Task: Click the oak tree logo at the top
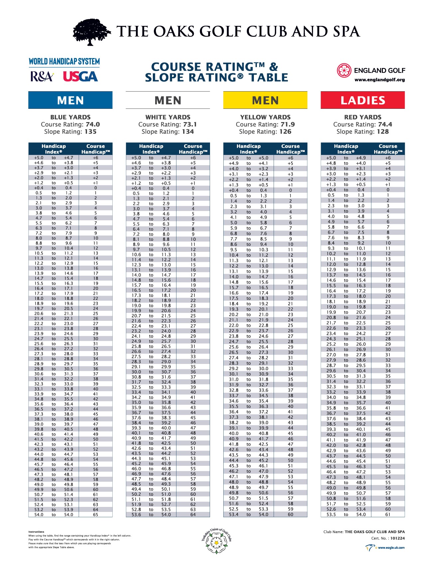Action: click(x=92, y=32)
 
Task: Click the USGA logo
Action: click(x=80, y=77)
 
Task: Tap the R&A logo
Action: click(x=42, y=77)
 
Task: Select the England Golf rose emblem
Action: click(x=344, y=71)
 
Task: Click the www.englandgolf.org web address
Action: click(x=379, y=80)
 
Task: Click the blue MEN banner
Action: click(x=70, y=100)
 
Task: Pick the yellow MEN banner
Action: click(x=265, y=100)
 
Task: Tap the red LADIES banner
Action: click(x=363, y=100)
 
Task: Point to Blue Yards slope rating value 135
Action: click(x=90, y=132)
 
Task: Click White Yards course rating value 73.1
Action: click(x=190, y=124)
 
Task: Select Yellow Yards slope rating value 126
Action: click(x=285, y=132)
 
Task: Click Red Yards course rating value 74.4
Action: click(x=385, y=124)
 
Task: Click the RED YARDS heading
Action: click(x=363, y=117)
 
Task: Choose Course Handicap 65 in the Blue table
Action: click(x=96, y=515)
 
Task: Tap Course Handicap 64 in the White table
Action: click(x=193, y=515)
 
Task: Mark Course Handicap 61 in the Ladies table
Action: click(x=388, y=515)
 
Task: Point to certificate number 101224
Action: click(x=397, y=538)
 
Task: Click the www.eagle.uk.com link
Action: click(x=391, y=548)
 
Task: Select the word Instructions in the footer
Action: click(x=36, y=532)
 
